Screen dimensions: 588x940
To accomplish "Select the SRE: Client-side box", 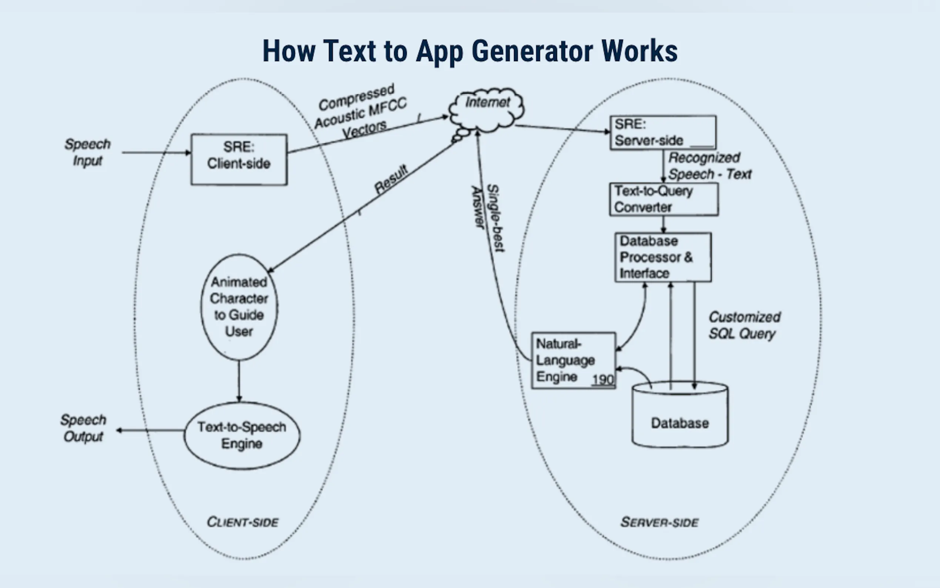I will click(x=239, y=160).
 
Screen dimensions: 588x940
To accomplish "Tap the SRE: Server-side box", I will click(x=663, y=132).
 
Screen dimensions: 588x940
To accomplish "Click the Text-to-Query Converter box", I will click(x=664, y=199).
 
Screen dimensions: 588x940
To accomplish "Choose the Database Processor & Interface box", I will click(x=663, y=257).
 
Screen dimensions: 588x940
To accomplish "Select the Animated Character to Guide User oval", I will click(x=239, y=307).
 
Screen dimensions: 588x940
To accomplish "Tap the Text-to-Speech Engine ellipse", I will click(x=242, y=435).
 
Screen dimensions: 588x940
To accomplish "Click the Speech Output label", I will click(x=83, y=428).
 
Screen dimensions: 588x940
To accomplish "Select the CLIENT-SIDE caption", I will click(x=242, y=522).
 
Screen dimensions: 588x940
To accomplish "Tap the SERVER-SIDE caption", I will click(x=659, y=522).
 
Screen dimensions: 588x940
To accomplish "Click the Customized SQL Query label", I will click(x=744, y=325).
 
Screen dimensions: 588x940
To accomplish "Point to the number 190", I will click(x=603, y=380).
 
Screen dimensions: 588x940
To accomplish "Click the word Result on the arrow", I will click(x=391, y=179).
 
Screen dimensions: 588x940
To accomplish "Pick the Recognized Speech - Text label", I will click(x=709, y=166).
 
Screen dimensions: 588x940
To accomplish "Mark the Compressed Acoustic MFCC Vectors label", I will click(x=360, y=111).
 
